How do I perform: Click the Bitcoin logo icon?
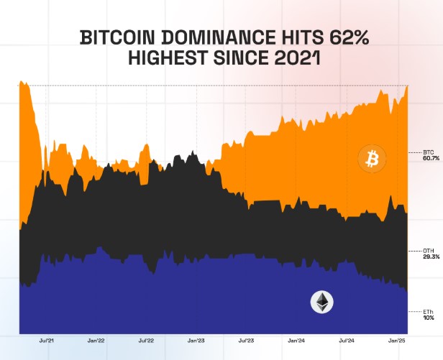pyautogui.click(x=372, y=159)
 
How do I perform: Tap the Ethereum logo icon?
pyautogui.click(x=321, y=303)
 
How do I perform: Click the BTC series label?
pyautogui.click(x=429, y=152)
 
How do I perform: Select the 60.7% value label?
pyautogui.click(x=430, y=159)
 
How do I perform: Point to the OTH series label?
pyautogui.click(x=429, y=250)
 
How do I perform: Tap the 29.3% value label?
pyautogui.click(x=430, y=257)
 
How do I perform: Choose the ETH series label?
pyautogui.click(x=429, y=311)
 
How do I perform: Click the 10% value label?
pyautogui.click(x=428, y=318)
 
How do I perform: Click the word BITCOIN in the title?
pyautogui.click(x=116, y=37)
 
